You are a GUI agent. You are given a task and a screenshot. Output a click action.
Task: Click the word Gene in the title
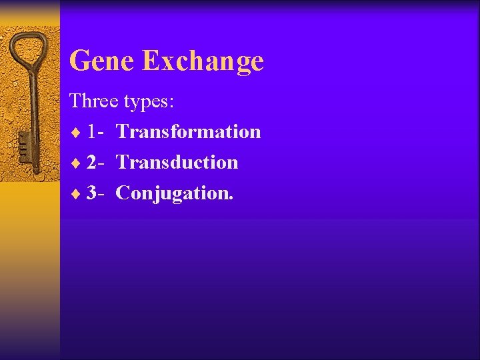pos(103,61)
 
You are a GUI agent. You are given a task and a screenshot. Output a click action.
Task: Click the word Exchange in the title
pos(203,61)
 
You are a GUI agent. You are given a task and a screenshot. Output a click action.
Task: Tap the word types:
pos(149,102)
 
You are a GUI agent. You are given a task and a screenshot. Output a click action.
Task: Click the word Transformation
pos(188,131)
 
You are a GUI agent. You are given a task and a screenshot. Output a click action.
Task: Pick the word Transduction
pos(177,162)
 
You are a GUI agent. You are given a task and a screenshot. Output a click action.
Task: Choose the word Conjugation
pos(173,193)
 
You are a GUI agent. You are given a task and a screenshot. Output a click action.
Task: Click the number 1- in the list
pos(94,132)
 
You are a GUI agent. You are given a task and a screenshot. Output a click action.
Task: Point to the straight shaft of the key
pos(31,107)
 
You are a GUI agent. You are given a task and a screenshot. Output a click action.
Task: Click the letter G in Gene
pos(79,61)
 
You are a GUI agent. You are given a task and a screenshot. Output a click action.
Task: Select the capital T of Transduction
pos(122,162)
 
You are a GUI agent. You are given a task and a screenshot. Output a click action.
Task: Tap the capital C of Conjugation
pos(123,193)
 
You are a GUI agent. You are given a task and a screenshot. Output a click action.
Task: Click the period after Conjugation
pos(231,199)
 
